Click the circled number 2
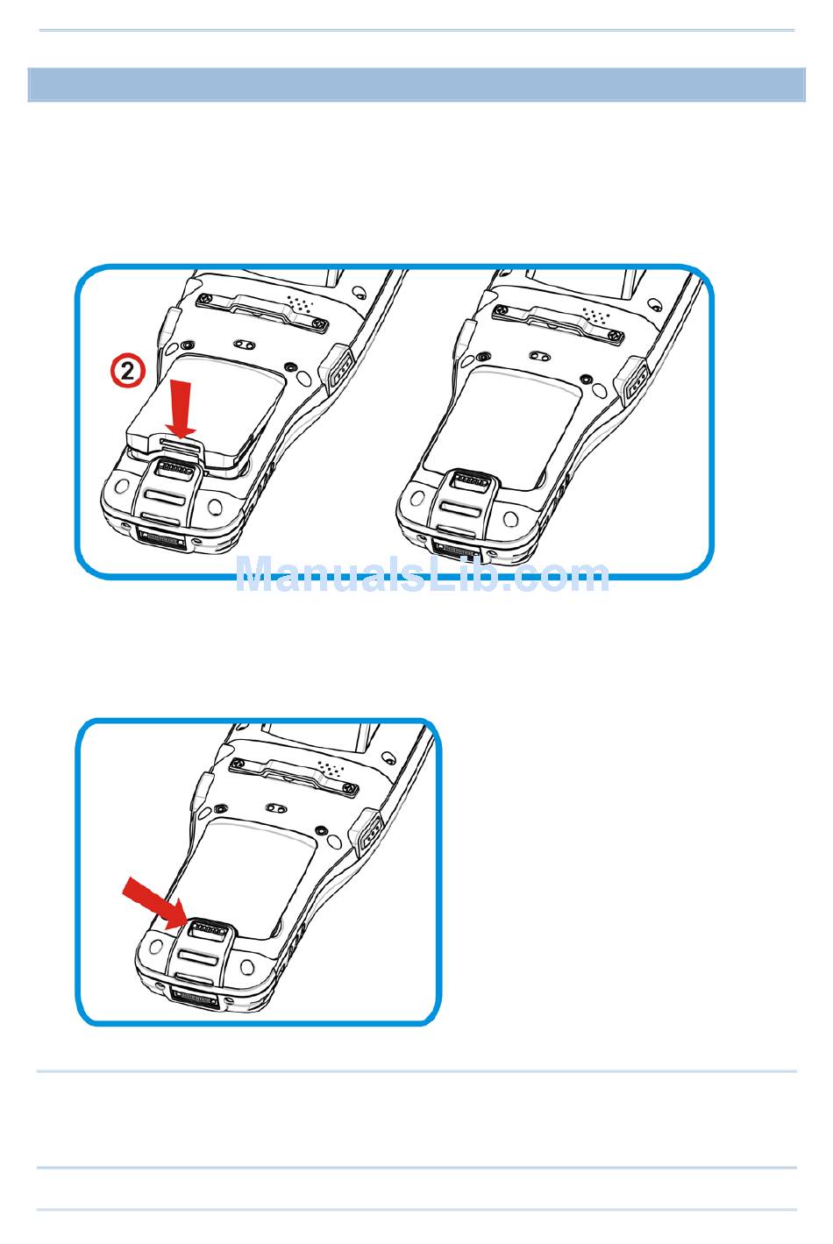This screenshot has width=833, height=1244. coord(127,372)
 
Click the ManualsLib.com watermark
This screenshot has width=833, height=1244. coord(422,574)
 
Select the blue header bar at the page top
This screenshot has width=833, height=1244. coord(416,84)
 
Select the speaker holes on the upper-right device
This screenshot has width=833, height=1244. coord(597,315)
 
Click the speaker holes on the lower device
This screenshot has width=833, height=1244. coord(331,769)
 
